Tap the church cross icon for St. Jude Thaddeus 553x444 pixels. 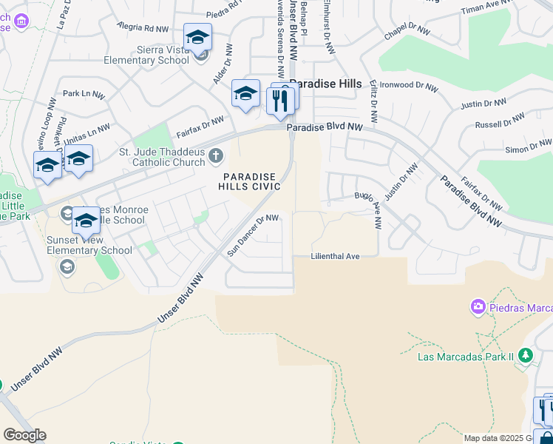click(216, 155)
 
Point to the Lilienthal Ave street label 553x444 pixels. click(336, 256)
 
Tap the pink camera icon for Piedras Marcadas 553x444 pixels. click(478, 306)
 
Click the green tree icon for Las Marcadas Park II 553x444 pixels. click(526, 356)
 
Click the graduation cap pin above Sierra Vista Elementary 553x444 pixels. click(198, 37)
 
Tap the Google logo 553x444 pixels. click(24, 435)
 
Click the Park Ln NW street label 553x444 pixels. click(83, 94)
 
